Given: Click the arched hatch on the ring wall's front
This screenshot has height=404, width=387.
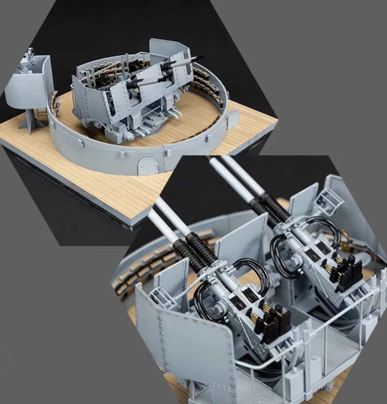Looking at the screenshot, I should pos(148,166).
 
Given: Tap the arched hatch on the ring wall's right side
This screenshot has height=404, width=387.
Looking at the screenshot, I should pos(233,120).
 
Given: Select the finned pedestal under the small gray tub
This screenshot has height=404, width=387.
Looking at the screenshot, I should pos(31,121).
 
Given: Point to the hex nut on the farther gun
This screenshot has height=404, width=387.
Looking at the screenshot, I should pos(294,262).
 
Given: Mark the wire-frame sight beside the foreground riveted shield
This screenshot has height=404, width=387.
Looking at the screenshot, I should pos(161,296).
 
